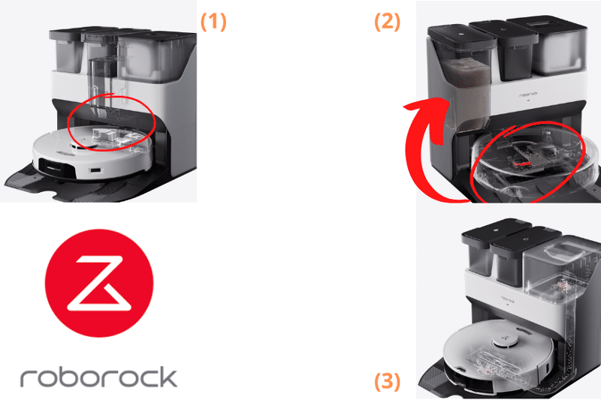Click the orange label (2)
pyautogui.click(x=388, y=21)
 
